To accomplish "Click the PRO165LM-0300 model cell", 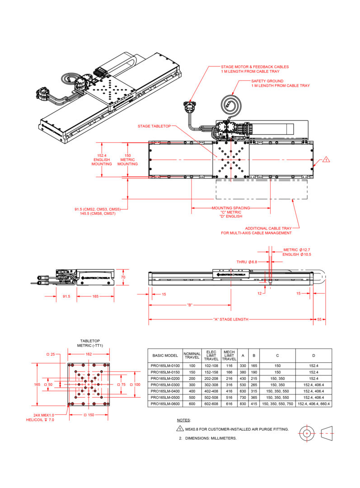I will (x=165, y=385).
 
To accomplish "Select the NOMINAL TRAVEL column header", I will (x=192, y=356).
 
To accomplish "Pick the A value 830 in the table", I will (x=243, y=404).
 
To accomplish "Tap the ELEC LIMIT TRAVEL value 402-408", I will (x=211, y=391).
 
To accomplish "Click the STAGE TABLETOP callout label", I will (x=154, y=126).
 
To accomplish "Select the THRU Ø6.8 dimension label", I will (x=247, y=262).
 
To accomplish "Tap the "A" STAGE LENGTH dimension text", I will (x=230, y=319).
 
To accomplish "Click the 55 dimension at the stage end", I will (x=320, y=319).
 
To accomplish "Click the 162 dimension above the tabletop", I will (x=89, y=355).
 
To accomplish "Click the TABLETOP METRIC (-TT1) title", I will (x=90, y=343).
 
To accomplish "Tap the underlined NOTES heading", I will (x=183, y=420).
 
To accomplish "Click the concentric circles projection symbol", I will (x=307, y=433).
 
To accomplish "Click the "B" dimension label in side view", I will (x=190, y=305).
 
